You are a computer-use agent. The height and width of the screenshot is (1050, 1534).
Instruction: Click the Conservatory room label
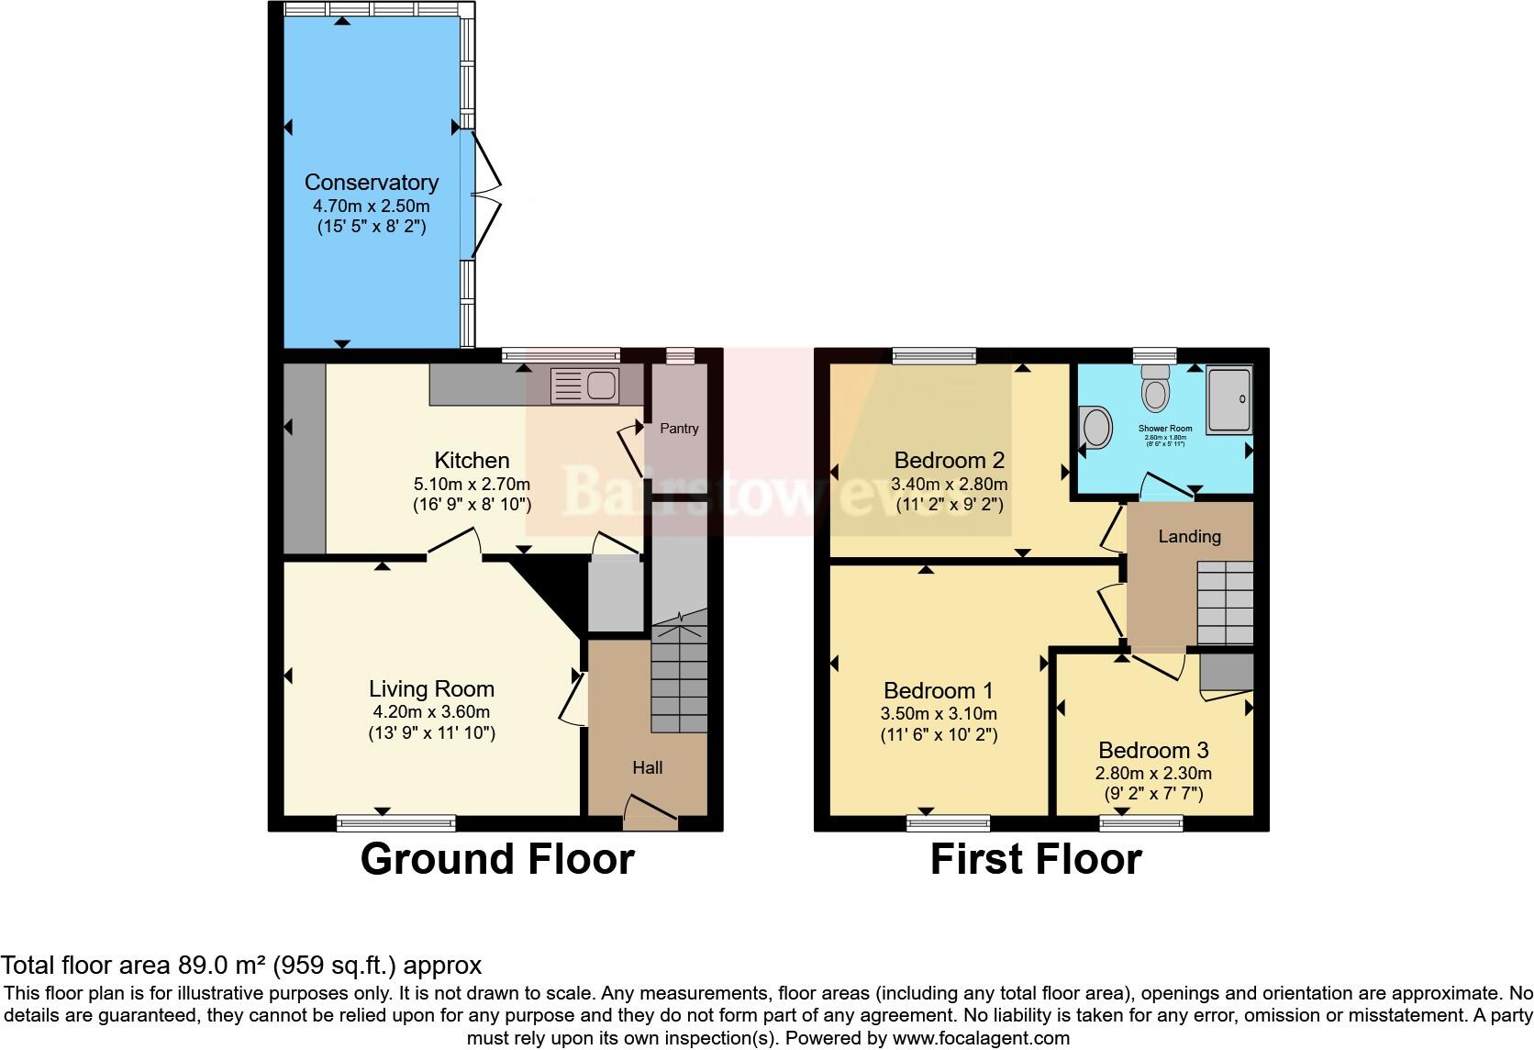point(371,183)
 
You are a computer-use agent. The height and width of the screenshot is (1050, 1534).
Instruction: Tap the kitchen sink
point(584,385)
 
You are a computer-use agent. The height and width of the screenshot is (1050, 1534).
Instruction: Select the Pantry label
point(679,429)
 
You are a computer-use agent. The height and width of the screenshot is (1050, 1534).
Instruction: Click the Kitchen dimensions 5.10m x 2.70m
point(472,484)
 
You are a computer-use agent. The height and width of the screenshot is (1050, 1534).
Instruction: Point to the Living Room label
point(431,689)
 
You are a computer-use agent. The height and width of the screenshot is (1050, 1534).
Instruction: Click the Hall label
point(647,768)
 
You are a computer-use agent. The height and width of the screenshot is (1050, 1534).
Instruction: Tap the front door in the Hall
point(650,811)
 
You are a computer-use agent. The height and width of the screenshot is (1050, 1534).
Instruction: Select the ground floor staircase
point(679,679)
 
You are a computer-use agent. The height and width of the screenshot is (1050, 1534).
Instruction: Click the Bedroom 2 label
point(950,461)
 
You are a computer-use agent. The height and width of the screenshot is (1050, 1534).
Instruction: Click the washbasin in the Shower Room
point(1095,427)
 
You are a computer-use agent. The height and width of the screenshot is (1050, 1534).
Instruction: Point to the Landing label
point(1189,537)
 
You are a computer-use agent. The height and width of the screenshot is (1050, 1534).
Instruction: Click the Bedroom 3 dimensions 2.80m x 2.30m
point(1153,774)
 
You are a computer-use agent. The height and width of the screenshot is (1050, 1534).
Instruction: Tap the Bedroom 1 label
point(939,690)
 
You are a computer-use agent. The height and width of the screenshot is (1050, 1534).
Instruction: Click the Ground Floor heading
point(497,860)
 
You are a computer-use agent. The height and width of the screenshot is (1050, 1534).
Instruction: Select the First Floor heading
point(1036,860)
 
